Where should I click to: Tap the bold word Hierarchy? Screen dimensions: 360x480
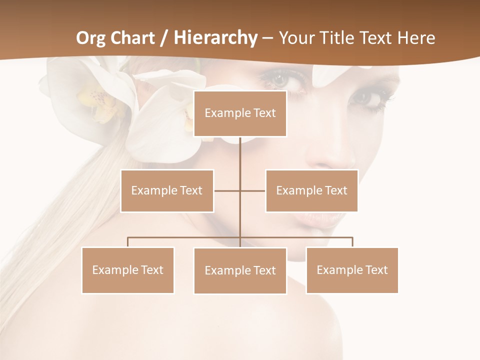click(215, 38)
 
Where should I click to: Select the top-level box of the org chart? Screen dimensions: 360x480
click(240, 113)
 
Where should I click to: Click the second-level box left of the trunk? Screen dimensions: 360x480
click(167, 190)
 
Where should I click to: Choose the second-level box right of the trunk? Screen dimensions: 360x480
click(311, 190)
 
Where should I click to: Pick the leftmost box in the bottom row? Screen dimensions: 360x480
click(127, 270)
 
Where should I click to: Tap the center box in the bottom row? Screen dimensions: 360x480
click(240, 270)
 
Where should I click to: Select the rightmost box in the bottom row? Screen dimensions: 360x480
click(352, 270)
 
